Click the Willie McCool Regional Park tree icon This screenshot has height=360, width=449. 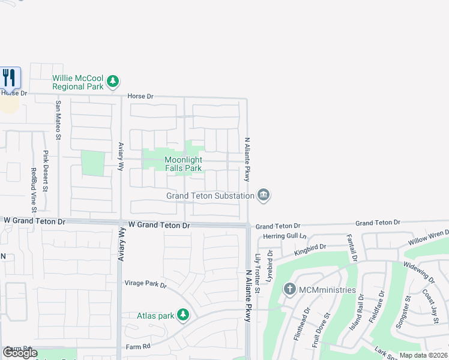[x=112, y=81]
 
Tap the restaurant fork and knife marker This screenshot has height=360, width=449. [x=9, y=77]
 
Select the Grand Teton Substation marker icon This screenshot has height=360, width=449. [x=263, y=195]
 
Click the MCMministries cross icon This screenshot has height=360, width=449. [x=289, y=290]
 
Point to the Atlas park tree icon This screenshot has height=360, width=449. [x=183, y=315]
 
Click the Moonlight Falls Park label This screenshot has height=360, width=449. [x=184, y=164]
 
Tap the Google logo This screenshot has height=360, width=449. [x=20, y=353]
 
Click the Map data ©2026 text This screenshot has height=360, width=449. [x=423, y=355]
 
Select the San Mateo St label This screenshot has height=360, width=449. [x=58, y=120]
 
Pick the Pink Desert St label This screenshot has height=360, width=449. [x=46, y=171]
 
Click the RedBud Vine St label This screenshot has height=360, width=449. [x=34, y=189]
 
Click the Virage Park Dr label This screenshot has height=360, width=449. [x=145, y=284]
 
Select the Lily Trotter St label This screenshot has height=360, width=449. [x=257, y=273]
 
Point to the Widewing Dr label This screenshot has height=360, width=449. [x=418, y=271]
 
